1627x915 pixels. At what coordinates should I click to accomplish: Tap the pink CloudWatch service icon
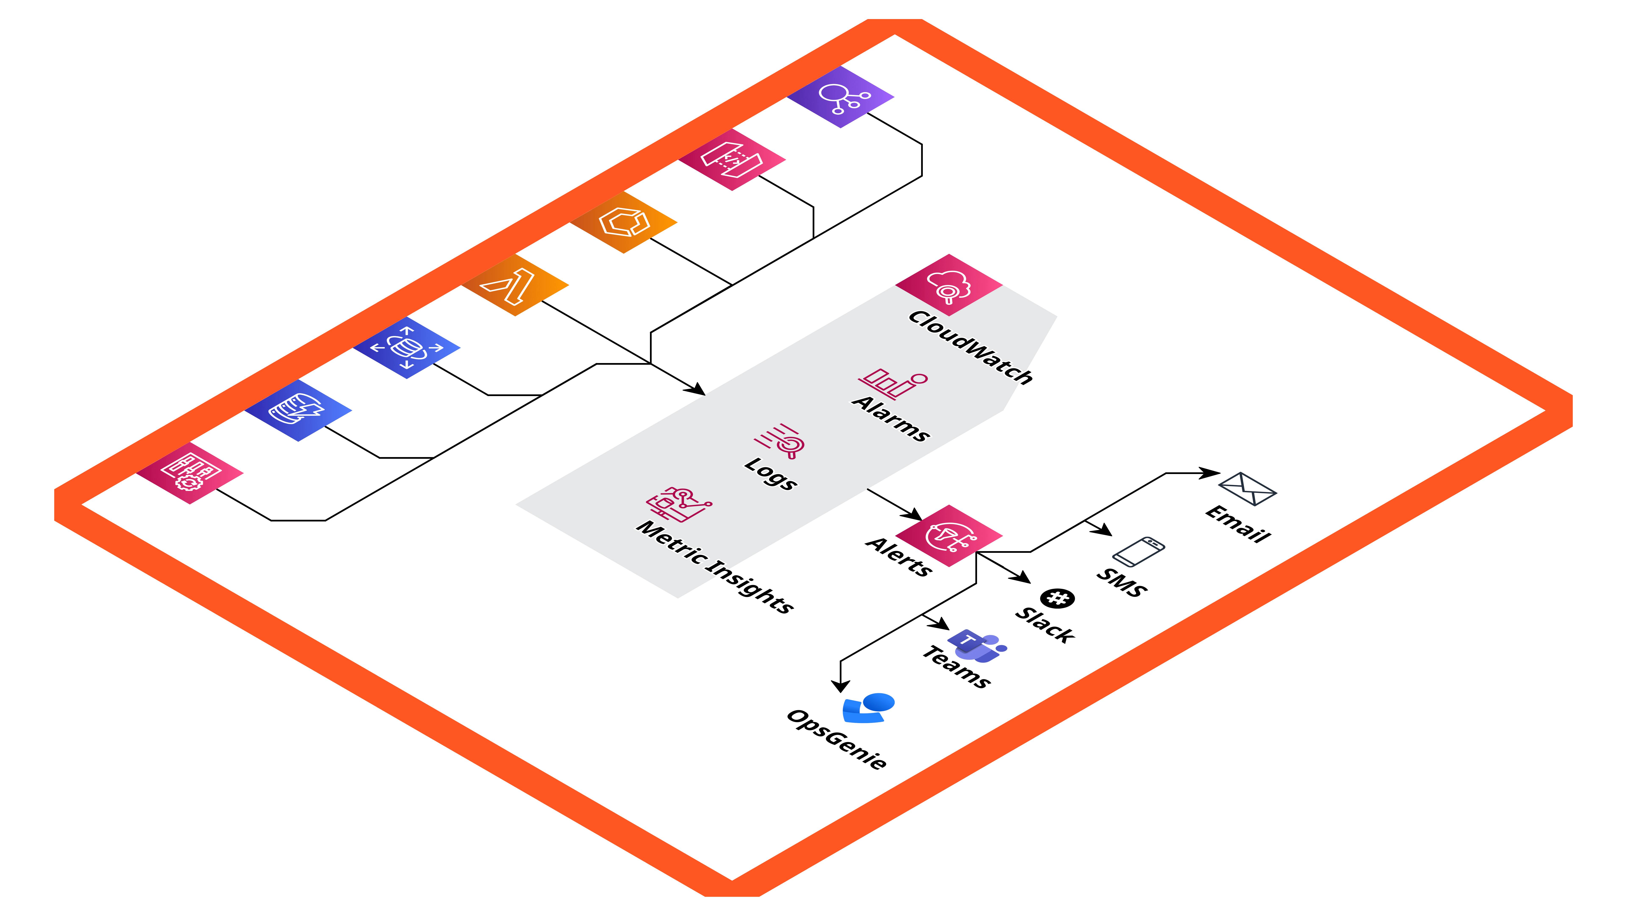pos(949,286)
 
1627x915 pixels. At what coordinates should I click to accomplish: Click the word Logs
pos(770,474)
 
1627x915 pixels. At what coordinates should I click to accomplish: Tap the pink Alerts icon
pos(949,535)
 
